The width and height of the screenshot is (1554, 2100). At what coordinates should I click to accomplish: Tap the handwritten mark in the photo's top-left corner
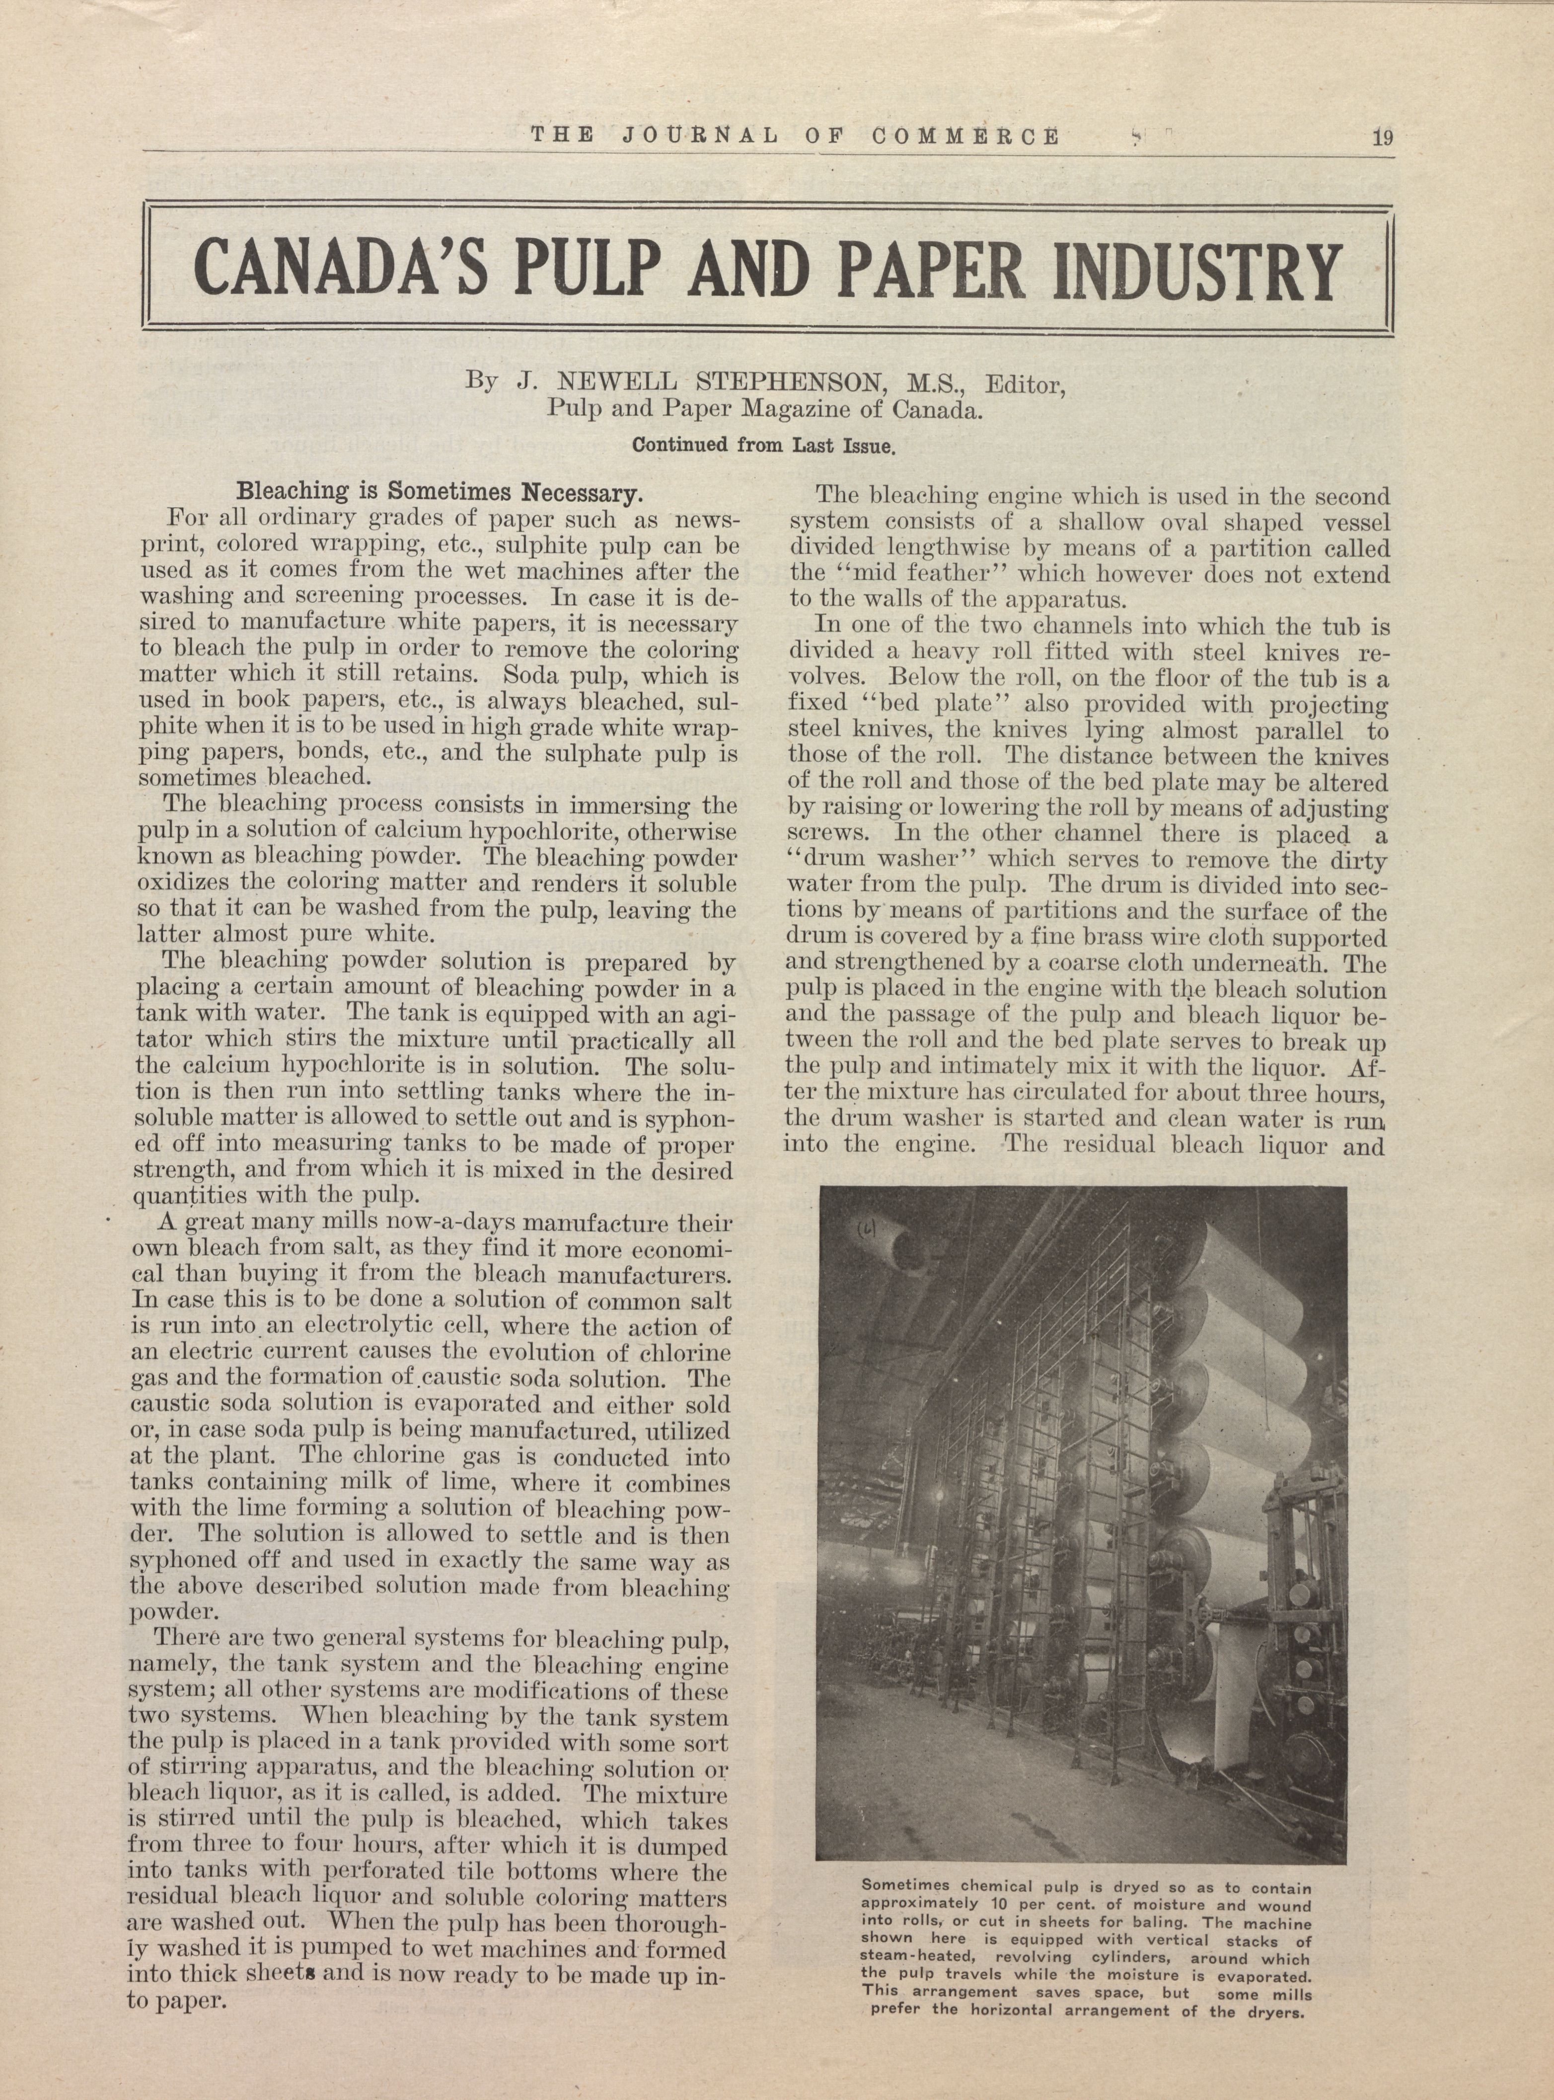click(x=864, y=1228)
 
